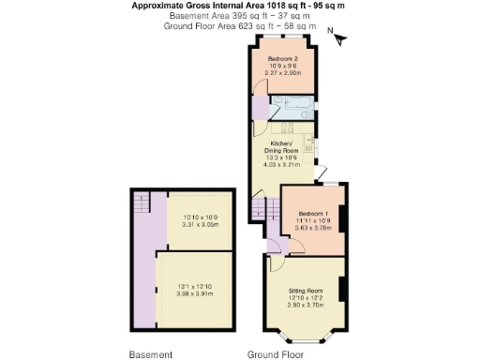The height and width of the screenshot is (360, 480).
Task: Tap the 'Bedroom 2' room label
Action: (282, 58)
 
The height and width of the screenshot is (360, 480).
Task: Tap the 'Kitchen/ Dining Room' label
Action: (284, 147)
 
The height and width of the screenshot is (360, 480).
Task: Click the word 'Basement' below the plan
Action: (150, 354)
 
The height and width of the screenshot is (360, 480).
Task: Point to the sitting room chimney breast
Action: (341, 292)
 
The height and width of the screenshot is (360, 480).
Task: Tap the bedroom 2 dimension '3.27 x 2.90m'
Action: (282, 72)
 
